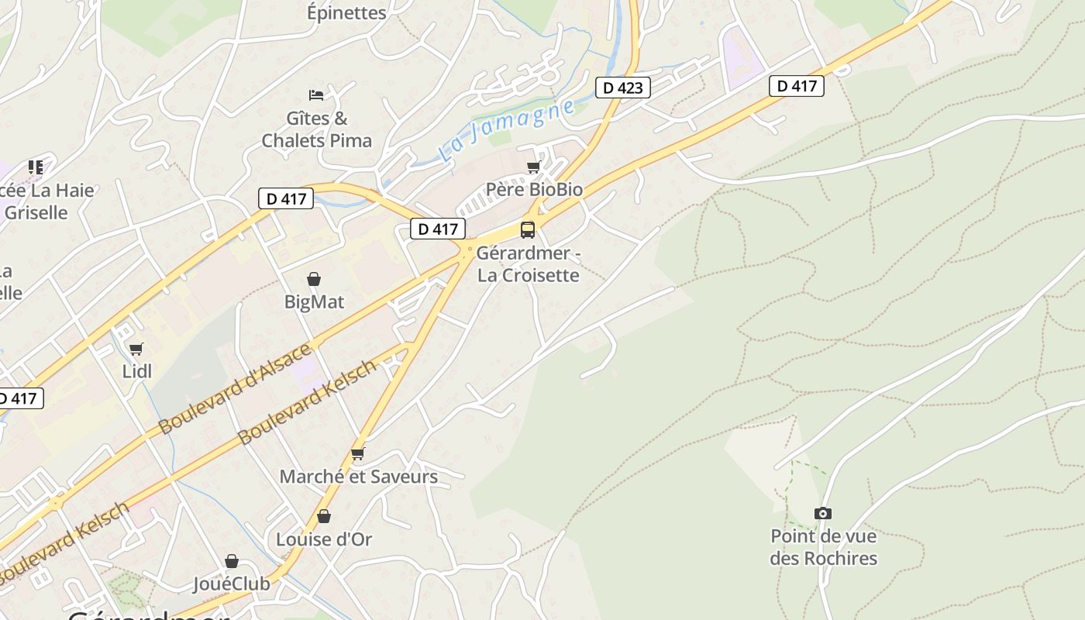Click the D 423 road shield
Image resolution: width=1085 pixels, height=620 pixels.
(x=623, y=88)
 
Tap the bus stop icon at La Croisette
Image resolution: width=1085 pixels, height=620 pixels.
(x=528, y=229)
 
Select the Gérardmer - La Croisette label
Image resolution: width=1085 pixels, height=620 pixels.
(x=529, y=264)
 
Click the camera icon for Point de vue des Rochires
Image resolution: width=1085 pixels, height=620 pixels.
(x=823, y=513)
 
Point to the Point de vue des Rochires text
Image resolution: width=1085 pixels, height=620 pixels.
(x=823, y=547)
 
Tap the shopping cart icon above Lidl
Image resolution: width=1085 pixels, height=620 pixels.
(x=136, y=350)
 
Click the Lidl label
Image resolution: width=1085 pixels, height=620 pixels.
(x=137, y=371)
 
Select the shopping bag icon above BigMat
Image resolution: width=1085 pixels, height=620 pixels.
(x=314, y=279)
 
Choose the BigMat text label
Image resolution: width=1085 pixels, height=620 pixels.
(x=314, y=301)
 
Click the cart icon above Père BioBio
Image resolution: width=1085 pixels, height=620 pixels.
(x=533, y=167)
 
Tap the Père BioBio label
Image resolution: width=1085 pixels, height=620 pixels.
(x=534, y=190)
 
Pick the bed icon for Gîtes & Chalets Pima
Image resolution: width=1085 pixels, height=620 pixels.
(x=316, y=95)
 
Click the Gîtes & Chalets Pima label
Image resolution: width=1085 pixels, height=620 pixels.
(x=317, y=129)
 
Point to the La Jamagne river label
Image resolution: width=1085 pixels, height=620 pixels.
(x=508, y=130)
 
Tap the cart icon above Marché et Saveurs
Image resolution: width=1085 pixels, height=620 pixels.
(x=357, y=453)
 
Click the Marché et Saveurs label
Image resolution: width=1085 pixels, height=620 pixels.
(x=358, y=477)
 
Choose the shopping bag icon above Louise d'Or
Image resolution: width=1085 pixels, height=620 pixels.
(x=324, y=516)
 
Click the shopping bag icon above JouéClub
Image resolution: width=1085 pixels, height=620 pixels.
(x=232, y=561)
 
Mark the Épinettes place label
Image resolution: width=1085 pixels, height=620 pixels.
(x=346, y=12)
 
